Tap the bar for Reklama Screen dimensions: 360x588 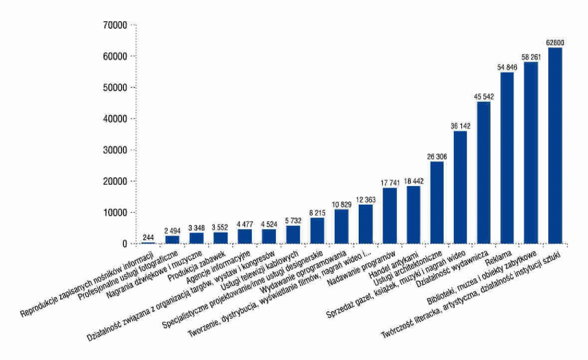coord(507,157)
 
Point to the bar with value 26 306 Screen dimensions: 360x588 coord(437,203)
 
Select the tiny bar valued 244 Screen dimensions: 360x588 coord(149,243)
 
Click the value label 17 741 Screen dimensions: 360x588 coord(389,181)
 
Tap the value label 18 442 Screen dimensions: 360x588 coord(413,180)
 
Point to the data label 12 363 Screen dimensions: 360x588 coord(366,198)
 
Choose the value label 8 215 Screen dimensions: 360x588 coord(318,211)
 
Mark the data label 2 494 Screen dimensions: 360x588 coord(172,229)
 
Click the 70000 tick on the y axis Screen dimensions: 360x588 coord(114,25)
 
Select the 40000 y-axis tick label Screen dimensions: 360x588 coord(114,119)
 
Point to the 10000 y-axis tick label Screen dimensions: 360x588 coord(114,213)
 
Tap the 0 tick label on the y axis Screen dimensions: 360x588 coord(124,244)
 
